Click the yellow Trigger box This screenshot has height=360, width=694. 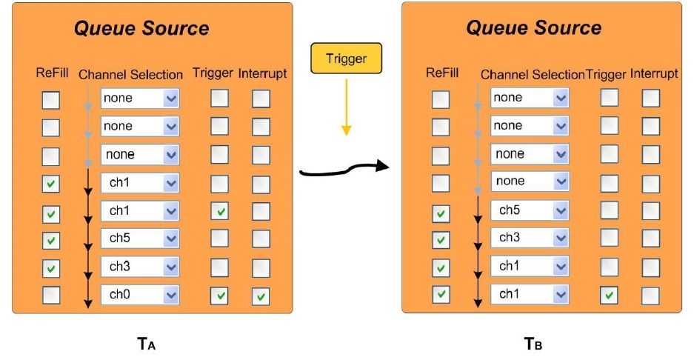[x=347, y=56]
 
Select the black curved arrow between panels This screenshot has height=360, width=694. [x=344, y=170]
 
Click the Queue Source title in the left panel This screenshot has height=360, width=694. [x=141, y=29]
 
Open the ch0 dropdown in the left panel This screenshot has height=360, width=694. [x=140, y=295]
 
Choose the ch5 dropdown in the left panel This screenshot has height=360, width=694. [x=140, y=239]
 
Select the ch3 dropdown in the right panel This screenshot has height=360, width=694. [x=530, y=238]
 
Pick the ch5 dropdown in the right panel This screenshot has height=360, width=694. [x=530, y=210]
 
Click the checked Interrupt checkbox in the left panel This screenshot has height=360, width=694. [x=261, y=296]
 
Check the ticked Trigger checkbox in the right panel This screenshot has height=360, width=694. [x=609, y=295]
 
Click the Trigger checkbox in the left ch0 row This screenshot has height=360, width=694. [x=219, y=296]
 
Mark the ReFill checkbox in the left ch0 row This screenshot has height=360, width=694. [x=50, y=295]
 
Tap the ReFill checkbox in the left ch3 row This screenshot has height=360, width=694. [x=50, y=267]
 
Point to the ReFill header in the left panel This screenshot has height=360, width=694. [x=52, y=73]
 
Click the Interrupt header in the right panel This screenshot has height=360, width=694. [x=654, y=74]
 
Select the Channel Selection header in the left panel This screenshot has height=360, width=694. [x=130, y=75]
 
